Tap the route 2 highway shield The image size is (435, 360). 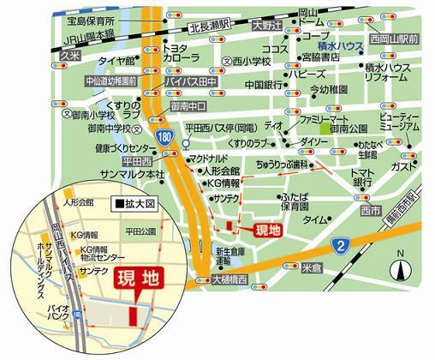[341, 247]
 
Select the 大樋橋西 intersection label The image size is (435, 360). [231, 279]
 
